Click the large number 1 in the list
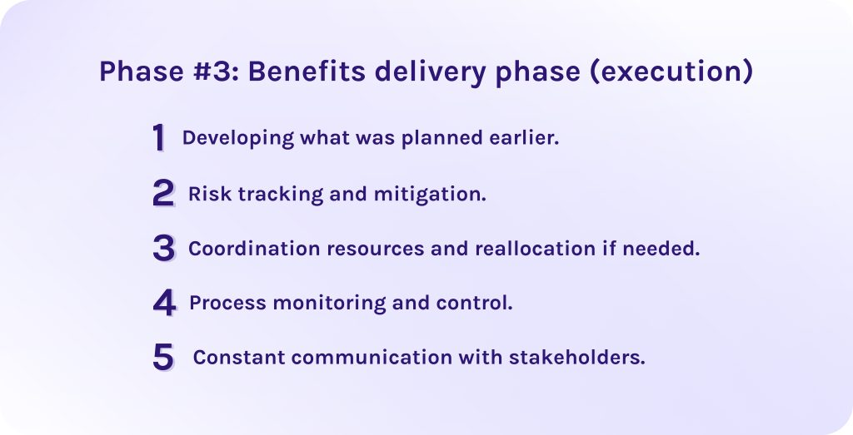158,138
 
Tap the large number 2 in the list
163,193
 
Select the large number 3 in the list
163,248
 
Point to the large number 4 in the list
164,303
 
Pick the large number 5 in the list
163,358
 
